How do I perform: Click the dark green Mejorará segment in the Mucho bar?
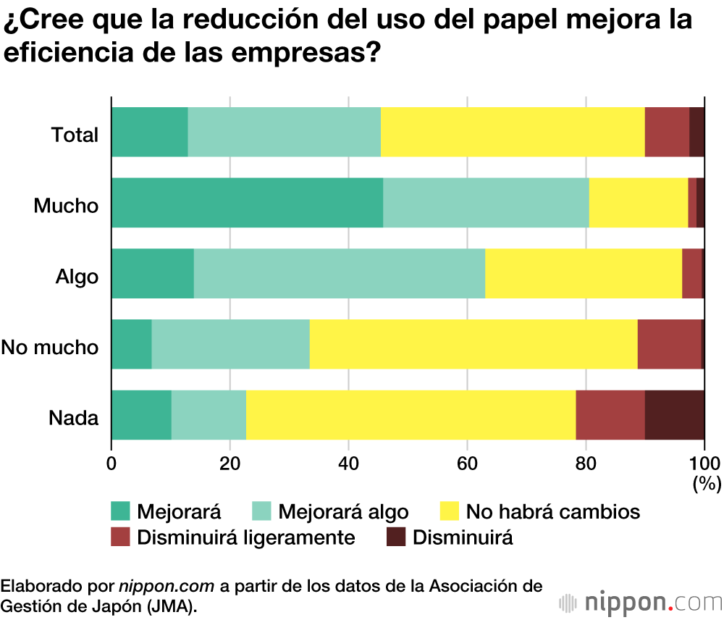[x=247, y=202]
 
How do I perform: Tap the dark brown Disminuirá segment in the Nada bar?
[x=674, y=414]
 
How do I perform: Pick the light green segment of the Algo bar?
[x=339, y=273]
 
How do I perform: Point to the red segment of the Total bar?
[x=667, y=131]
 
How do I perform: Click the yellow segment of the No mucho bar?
[x=473, y=343]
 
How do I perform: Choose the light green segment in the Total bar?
[x=284, y=131]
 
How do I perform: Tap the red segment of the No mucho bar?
[x=669, y=343]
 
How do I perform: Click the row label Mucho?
[x=66, y=206]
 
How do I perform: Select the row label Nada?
[x=73, y=418]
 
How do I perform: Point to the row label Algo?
[x=77, y=277]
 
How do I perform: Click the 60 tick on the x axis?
[x=467, y=464]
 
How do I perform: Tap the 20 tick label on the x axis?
[x=230, y=464]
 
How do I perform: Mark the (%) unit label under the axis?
[x=707, y=483]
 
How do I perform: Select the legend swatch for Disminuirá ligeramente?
[x=120, y=537]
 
